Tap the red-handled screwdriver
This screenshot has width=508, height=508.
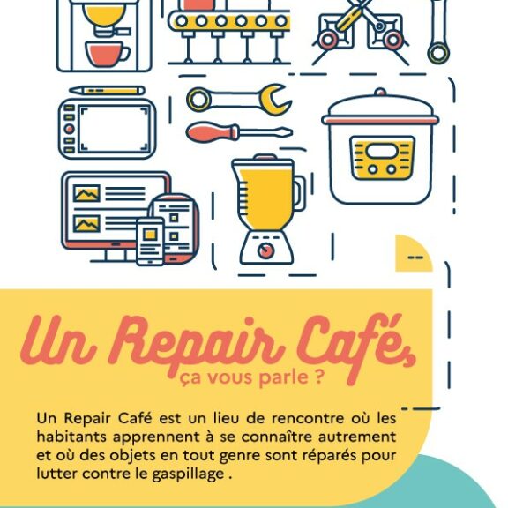click(x=239, y=132)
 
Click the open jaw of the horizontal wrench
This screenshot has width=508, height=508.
click(x=276, y=100)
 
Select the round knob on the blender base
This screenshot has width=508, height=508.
click(x=266, y=250)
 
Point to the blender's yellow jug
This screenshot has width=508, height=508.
click(x=267, y=194)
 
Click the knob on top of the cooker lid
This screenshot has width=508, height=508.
click(x=380, y=93)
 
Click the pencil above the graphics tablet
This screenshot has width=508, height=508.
click(x=107, y=90)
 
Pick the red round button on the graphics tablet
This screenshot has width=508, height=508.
click(x=69, y=129)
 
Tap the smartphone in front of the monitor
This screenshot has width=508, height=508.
click(x=150, y=242)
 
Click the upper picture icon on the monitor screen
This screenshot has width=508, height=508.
click(x=86, y=194)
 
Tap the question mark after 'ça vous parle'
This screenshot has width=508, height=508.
click(x=318, y=377)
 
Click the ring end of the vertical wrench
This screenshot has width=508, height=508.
click(x=438, y=54)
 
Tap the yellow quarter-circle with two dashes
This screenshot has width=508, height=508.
click(x=414, y=253)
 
